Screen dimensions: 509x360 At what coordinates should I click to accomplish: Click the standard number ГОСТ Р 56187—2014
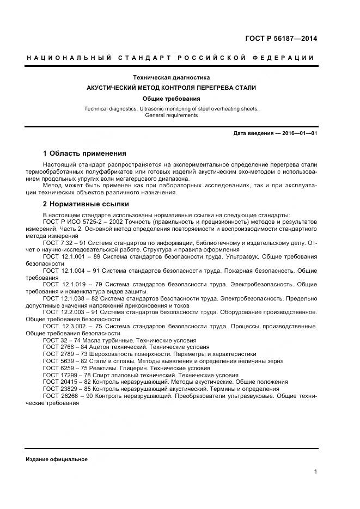tap(282, 39)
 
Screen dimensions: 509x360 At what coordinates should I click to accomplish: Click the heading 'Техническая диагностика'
tap(172, 78)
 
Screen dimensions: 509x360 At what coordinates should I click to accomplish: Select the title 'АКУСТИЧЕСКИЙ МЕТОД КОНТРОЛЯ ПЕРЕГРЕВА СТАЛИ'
tap(172, 88)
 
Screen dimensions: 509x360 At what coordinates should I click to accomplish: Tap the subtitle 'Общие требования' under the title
tap(172, 99)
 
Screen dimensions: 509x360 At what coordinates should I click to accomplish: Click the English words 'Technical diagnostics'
tap(111, 109)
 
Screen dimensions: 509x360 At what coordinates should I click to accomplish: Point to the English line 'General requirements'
tap(172, 115)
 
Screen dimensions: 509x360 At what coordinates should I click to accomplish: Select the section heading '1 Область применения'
tap(84, 154)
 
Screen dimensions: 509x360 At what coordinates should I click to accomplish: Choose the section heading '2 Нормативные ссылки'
tap(86, 204)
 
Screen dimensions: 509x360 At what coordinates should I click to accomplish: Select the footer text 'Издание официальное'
tap(57, 459)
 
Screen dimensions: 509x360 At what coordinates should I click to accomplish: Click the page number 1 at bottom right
tap(315, 472)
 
